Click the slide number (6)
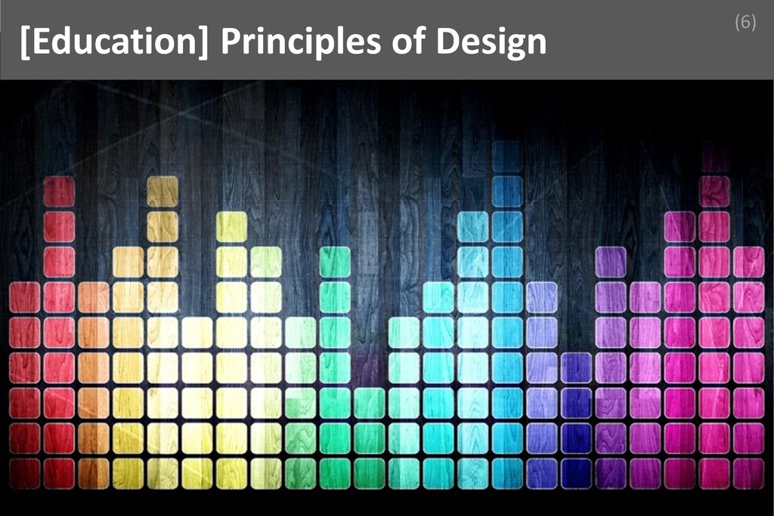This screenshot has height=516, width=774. click(x=745, y=23)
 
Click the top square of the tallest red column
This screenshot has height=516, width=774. click(x=59, y=191)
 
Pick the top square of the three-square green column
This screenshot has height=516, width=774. click(x=370, y=403)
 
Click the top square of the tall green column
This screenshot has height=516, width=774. click(x=335, y=262)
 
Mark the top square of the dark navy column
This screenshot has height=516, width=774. click(x=576, y=368)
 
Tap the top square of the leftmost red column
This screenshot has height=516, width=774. click(x=24, y=297)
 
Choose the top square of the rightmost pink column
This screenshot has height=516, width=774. click(x=748, y=262)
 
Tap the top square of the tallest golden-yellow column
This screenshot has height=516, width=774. click(x=163, y=191)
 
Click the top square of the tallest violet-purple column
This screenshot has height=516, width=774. click(x=611, y=262)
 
